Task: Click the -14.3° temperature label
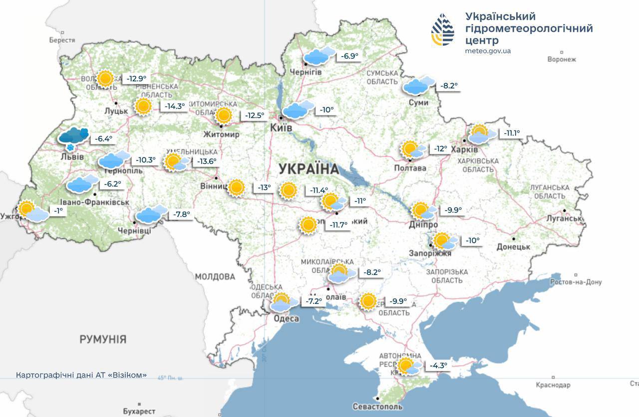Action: tap(175, 106)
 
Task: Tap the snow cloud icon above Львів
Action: tap(73, 137)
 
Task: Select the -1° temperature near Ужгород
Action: tap(59, 211)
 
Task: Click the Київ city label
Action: tap(281, 128)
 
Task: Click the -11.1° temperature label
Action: tap(512, 133)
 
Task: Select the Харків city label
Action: tap(464, 149)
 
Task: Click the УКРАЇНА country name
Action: tap(309, 168)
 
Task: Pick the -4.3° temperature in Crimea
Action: tap(439, 365)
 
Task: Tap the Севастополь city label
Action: tap(377, 406)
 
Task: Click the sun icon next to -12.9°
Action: tap(105, 78)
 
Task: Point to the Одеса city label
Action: tap(287, 318)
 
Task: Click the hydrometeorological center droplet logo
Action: tap(443, 29)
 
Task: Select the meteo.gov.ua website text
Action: tap(488, 51)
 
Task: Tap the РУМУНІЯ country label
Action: tap(103, 339)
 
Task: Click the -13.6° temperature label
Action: tap(207, 161)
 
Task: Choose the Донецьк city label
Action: tap(513, 246)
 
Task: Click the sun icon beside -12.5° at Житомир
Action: tap(224, 115)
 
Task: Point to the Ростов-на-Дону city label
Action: tap(576, 282)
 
